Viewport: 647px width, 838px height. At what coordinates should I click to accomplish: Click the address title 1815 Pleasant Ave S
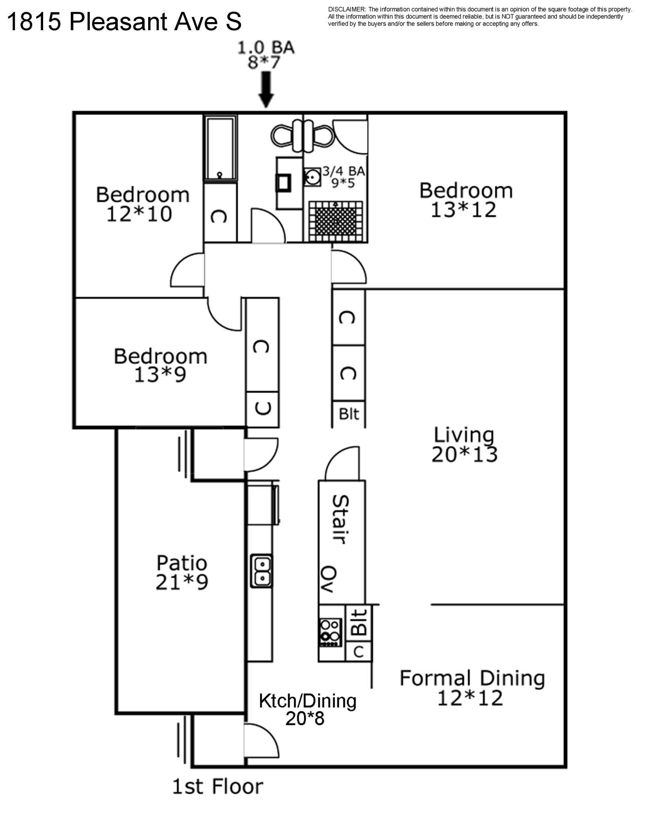tap(124, 22)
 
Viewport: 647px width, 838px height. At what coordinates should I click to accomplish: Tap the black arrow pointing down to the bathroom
tap(266, 90)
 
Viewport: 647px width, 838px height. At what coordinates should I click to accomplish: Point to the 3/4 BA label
tap(343, 171)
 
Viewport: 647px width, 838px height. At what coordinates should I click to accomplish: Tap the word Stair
tap(341, 520)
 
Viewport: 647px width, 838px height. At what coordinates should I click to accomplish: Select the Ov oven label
tap(329, 579)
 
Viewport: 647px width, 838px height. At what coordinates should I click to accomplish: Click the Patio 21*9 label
tap(182, 572)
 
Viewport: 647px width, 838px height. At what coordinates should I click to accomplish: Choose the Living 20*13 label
tap(464, 445)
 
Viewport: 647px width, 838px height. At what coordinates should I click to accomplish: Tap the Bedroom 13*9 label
tap(160, 365)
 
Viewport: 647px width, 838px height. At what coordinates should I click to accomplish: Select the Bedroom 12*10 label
tap(143, 204)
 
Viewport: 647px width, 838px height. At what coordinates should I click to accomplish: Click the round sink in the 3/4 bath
tap(312, 177)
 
